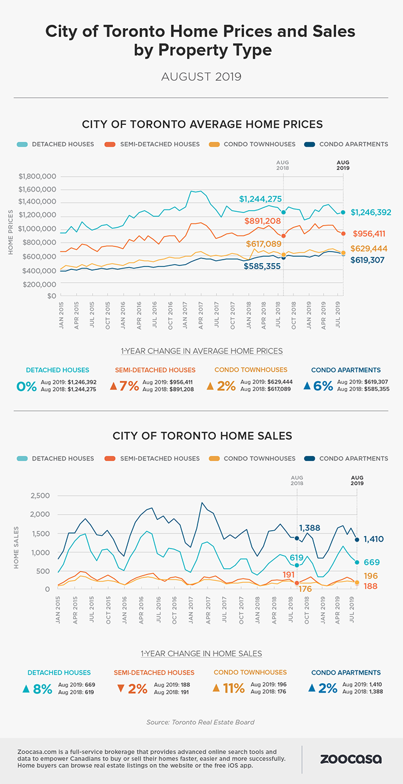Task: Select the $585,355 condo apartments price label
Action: click(263, 267)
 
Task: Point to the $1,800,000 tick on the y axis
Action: click(37, 176)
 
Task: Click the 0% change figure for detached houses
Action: click(27, 386)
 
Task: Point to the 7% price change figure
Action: click(129, 386)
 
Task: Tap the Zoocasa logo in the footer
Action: click(351, 759)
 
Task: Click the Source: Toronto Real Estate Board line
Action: click(201, 722)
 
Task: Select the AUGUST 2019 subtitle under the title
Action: click(201, 76)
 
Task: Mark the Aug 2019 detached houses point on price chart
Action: click(343, 212)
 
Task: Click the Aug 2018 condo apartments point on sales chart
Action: click(297, 538)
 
